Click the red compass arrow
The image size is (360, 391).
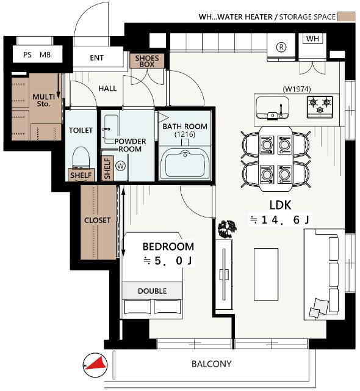97,364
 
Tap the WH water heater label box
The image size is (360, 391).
312,38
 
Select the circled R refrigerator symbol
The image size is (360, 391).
281,47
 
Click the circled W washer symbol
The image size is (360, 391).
121,166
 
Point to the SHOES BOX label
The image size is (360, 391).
147,61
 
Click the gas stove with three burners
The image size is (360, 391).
320,106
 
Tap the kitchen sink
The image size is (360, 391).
273,108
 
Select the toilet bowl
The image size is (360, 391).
81,158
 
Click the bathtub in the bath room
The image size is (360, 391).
185,163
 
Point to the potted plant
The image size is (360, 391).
227,229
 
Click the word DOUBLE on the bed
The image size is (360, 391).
153,291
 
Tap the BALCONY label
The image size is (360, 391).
211,364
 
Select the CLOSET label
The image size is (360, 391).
98,221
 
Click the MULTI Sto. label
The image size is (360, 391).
44,100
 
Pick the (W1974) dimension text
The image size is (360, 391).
297,89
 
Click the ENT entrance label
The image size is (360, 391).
96,58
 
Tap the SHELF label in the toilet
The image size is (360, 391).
81,175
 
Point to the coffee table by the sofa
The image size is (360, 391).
266,274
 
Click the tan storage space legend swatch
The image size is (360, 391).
347,16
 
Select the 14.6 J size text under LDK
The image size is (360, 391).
279,220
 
